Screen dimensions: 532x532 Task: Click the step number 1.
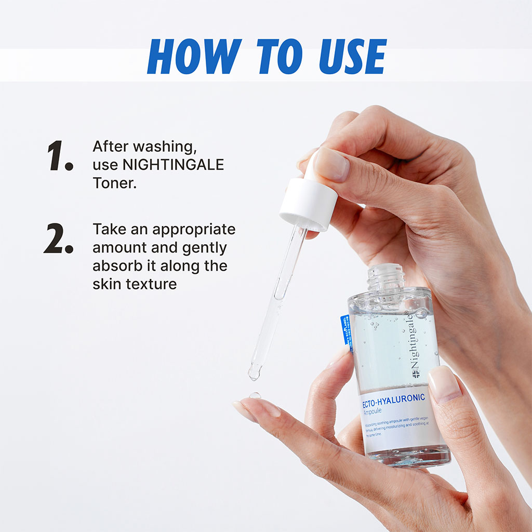click(60, 156)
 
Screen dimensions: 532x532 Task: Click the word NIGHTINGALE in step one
click(173, 165)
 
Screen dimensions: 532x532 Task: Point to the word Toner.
click(114, 183)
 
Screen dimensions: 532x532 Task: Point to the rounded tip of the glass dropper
click(255, 371)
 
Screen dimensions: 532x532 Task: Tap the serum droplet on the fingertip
click(255, 395)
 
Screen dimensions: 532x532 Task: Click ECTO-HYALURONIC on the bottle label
click(393, 398)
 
